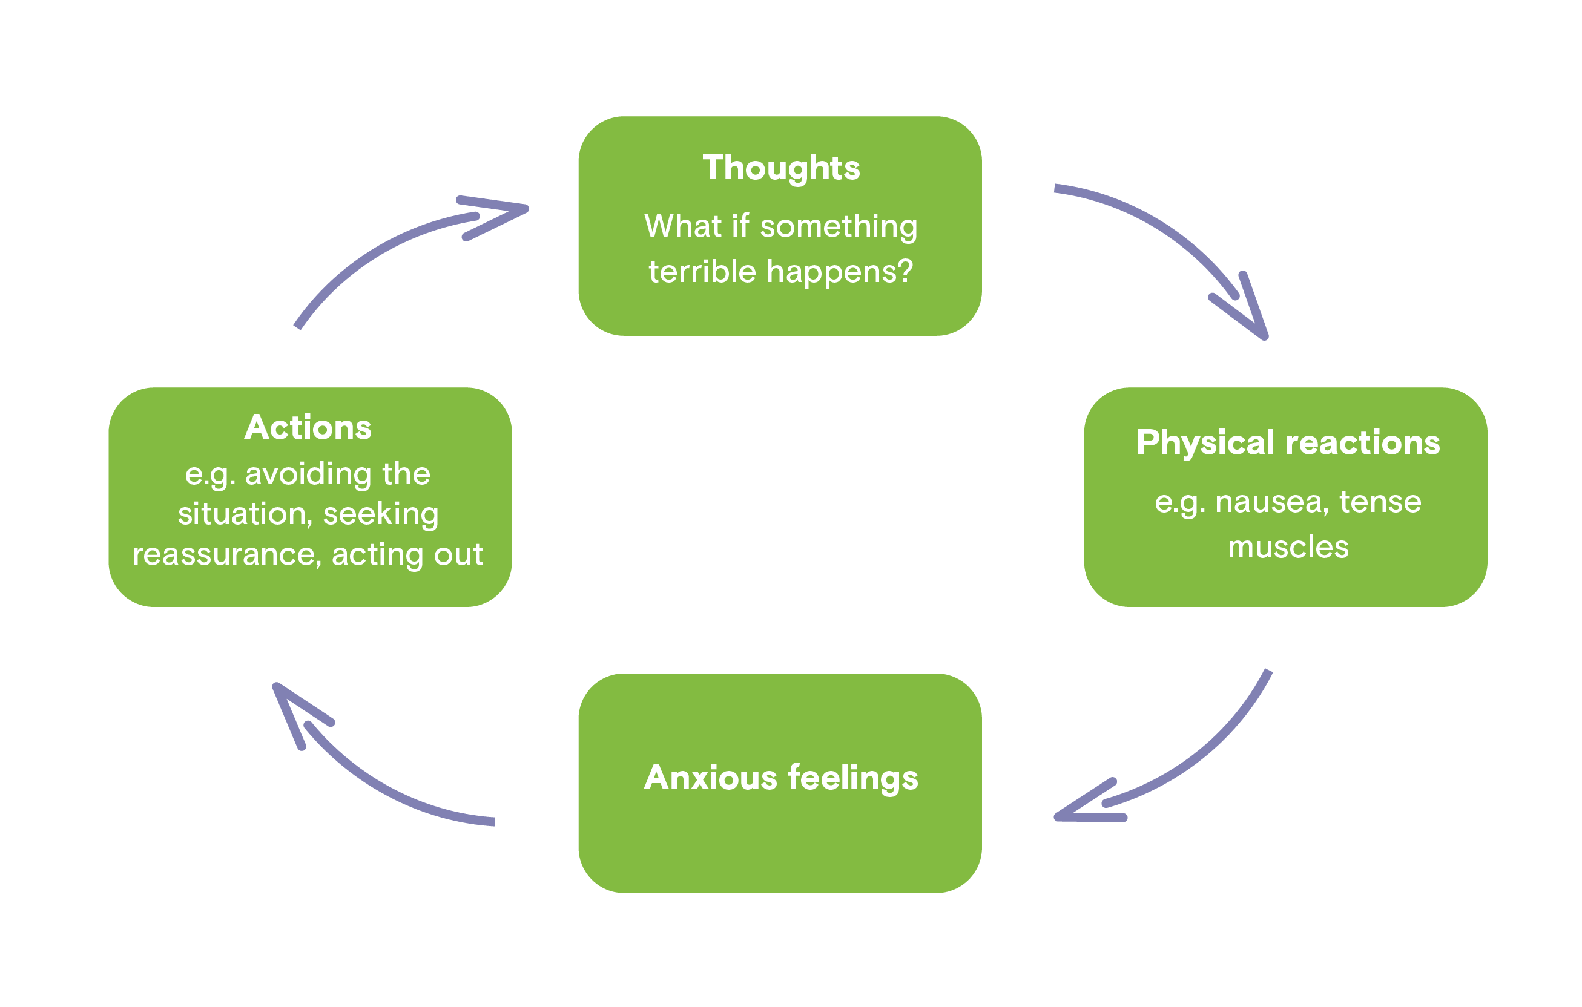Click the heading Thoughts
[781, 169]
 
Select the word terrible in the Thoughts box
[702, 271]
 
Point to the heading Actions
[308, 427]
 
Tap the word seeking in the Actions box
[381, 514]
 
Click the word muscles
[1288, 547]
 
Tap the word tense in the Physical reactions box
[1380, 503]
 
